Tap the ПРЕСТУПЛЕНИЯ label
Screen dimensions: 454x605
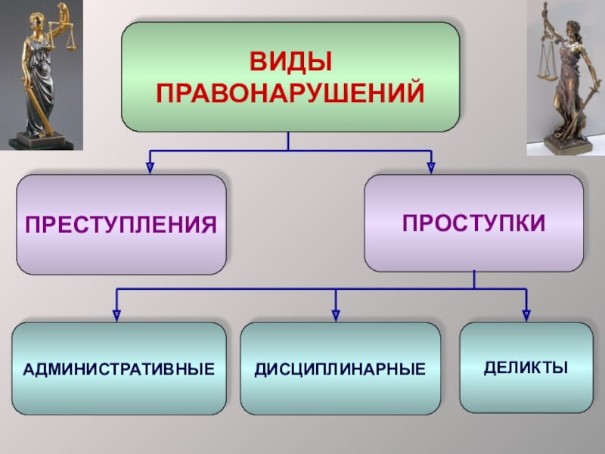tap(122, 225)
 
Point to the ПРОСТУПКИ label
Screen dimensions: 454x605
tap(473, 222)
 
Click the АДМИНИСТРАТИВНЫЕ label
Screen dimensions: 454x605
tap(119, 369)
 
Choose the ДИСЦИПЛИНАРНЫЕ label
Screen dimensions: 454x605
tap(340, 369)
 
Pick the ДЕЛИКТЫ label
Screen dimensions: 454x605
tap(526, 368)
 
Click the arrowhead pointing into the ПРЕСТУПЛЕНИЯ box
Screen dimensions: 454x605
tap(150, 166)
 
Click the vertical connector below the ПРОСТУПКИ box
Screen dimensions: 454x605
tap(474, 280)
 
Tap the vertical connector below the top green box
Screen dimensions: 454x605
tap(288, 141)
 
